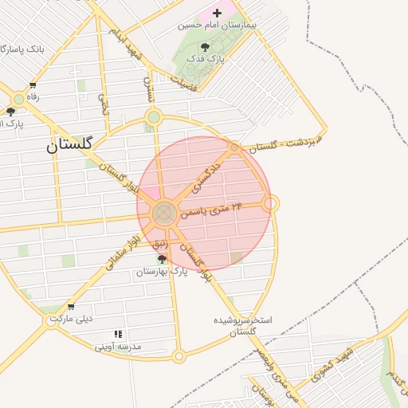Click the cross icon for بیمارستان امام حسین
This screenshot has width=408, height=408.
click(217, 14)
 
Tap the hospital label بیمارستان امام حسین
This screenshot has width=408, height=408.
click(218, 26)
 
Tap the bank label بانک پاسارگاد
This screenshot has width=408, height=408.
click(15, 49)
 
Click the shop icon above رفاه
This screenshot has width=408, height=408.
click(33, 86)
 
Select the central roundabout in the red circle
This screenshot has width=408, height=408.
click(165, 212)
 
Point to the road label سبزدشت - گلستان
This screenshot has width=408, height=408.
click(284, 140)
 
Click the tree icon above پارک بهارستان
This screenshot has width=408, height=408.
click(163, 259)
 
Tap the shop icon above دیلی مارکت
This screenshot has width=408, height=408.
click(71, 307)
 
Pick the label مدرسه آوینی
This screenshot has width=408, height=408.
click(118, 347)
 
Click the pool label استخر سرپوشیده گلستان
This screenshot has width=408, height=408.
click(243, 325)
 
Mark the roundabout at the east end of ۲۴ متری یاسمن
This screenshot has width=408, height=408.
click(271, 204)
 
